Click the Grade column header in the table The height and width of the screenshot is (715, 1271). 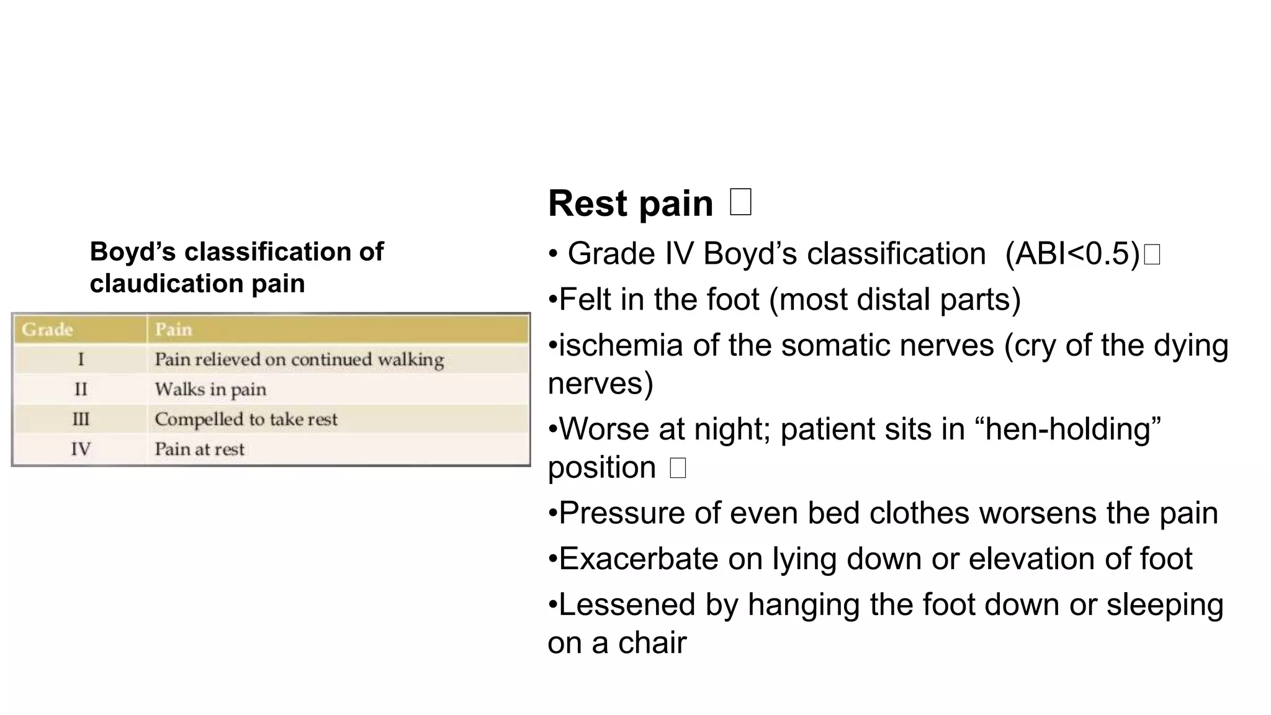(48, 329)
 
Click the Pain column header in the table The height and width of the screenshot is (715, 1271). (174, 329)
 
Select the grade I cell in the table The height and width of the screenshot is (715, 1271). (81, 359)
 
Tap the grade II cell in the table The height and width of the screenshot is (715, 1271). (81, 389)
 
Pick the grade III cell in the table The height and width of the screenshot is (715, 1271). (81, 419)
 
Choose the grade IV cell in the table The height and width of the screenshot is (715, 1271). (81, 449)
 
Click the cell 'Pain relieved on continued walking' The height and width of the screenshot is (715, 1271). (299, 359)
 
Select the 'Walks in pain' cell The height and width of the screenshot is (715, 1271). (210, 389)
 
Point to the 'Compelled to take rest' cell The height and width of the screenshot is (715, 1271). (246, 419)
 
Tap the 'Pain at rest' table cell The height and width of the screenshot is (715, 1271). (199, 449)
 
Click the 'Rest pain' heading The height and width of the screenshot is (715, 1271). (631, 204)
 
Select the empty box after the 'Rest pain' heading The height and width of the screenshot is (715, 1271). (741, 202)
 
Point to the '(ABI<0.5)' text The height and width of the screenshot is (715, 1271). (1072, 254)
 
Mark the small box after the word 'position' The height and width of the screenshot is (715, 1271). (678, 467)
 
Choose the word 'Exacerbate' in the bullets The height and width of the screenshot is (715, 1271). (639, 559)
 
